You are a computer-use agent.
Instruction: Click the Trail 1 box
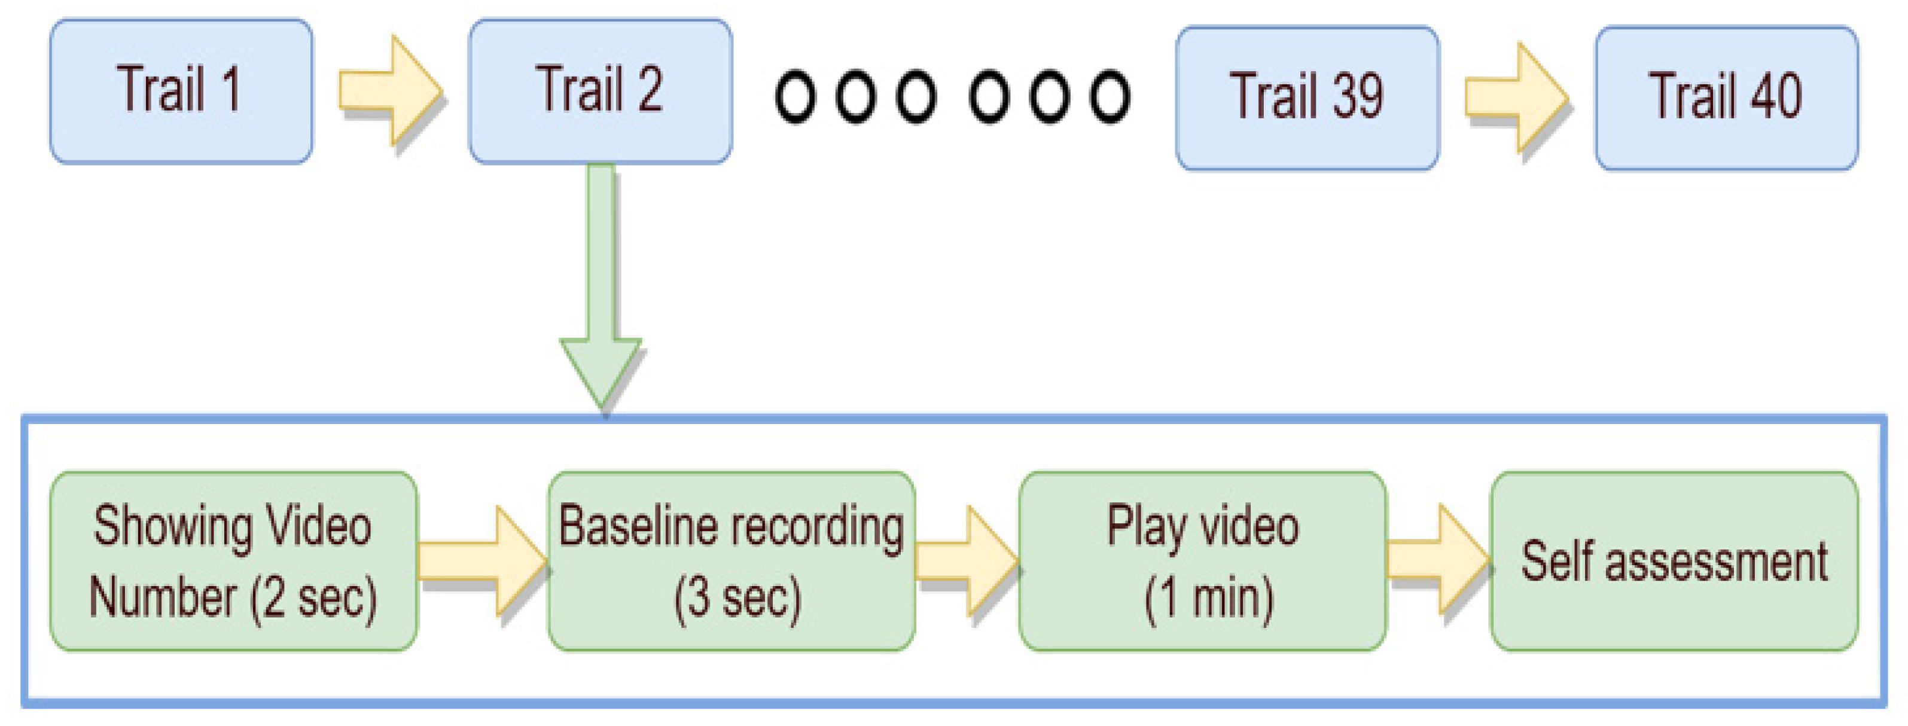pos(181,90)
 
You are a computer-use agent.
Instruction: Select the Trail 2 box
pos(600,90)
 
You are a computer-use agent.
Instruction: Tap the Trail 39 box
pos(1307,98)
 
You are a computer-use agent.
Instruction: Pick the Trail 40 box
pos(1726,98)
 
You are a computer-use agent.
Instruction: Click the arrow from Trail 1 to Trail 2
pos(391,90)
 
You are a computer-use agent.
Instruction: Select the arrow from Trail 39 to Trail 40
pos(1516,98)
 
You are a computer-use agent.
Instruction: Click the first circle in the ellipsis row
pos(795,96)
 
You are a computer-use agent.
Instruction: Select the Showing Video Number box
pos(233,561)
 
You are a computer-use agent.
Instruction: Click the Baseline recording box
pos(731,561)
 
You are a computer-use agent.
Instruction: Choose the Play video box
pos(1202,561)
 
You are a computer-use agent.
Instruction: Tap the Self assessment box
pos(1674,561)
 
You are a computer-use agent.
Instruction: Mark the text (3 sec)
pos(737,598)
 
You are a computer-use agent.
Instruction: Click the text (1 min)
pos(1209,598)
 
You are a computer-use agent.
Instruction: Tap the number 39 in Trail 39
pos(1358,96)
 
